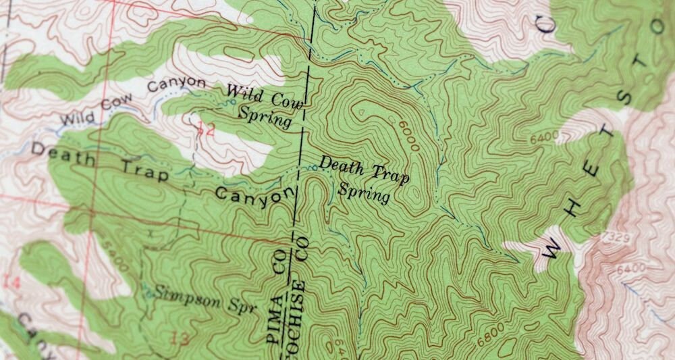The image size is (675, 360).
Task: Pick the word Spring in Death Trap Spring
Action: (x=364, y=192)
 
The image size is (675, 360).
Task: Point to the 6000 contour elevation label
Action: (x=409, y=135)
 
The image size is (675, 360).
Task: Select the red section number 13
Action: (x=181, y=338)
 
